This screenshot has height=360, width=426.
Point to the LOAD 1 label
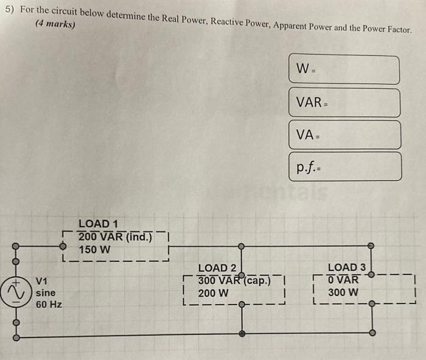[99, 224]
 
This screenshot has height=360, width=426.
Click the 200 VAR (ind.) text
[114, 236]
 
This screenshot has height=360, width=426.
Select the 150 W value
[94, 250]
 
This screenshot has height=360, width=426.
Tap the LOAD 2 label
[217, 268]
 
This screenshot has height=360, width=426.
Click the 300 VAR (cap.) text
[234, 280]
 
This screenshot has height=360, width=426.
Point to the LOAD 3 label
[347, 267]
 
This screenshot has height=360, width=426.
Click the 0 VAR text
[343, 280]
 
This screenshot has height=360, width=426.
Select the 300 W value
[344, 292]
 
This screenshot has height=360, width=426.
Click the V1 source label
[41, 281]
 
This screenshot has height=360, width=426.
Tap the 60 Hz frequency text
[49, 304]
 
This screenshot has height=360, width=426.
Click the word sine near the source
[45, 292]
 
